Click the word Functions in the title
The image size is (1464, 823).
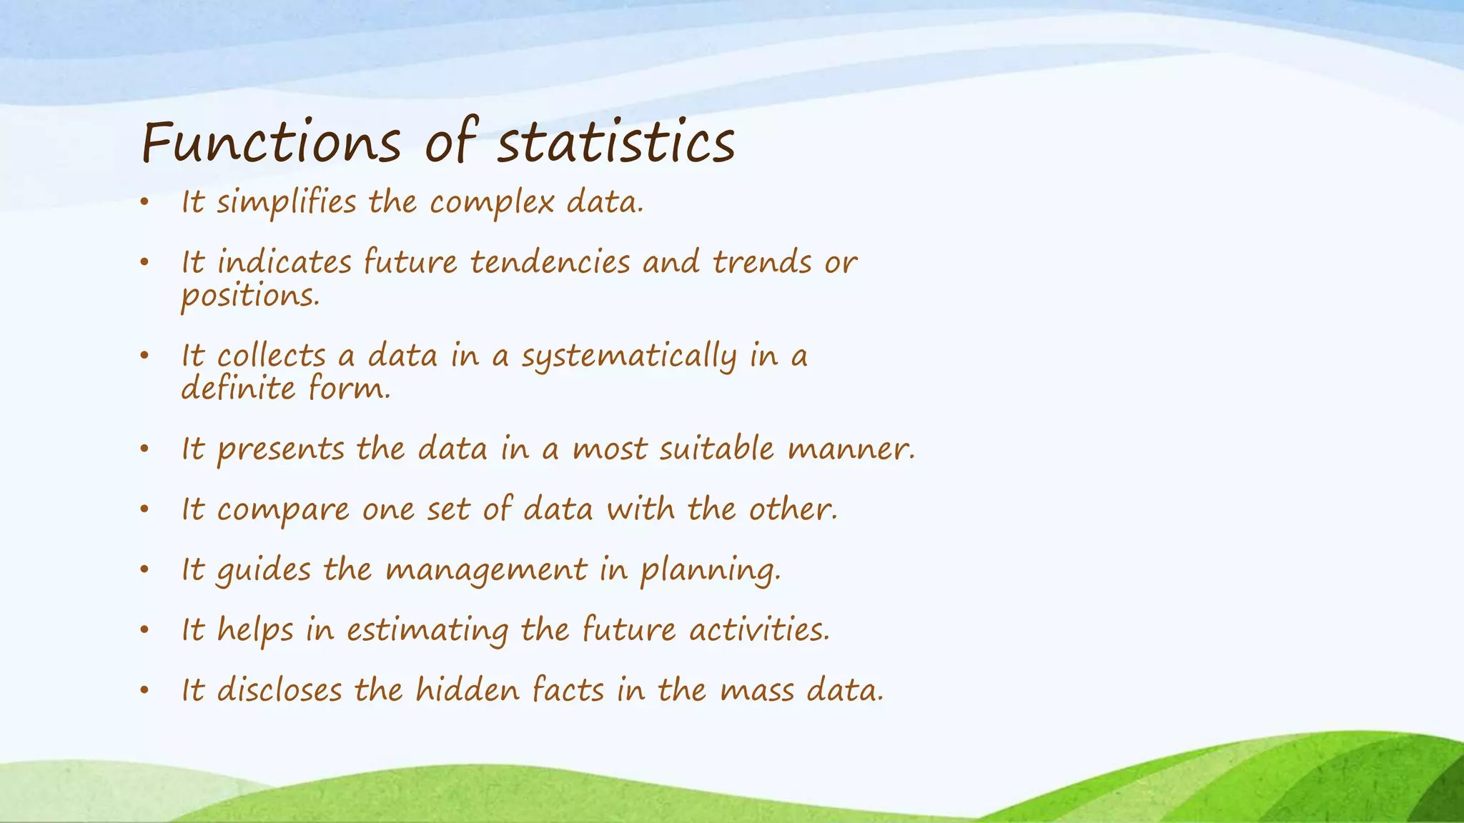point(271,142)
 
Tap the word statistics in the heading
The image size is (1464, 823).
point(615,142)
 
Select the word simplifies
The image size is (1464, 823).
point(286,203)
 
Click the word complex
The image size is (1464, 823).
point(491,203)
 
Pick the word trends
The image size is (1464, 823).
point(762,263)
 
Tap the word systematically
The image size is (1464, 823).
point(628,356)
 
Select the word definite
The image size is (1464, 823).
point(237,389)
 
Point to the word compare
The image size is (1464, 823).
point(283,510)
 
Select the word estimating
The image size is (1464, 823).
point(427,631)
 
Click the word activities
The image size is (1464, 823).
point(758,631)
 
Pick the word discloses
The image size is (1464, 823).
point(279,691)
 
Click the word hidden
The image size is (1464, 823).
point(468,691)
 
